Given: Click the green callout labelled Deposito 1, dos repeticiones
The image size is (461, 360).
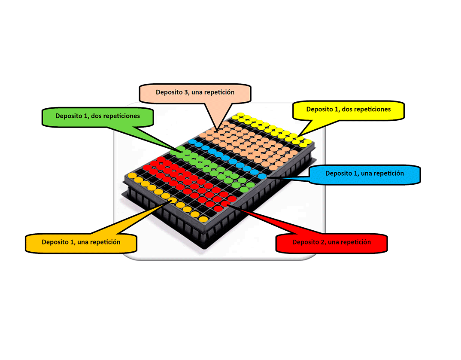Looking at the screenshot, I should (97, 116).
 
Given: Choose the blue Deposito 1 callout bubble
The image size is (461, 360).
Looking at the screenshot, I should (364, 174).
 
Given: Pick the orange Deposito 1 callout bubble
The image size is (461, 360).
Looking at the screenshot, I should (81, 242).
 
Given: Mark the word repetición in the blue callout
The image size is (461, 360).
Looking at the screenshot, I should (388, 174).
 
